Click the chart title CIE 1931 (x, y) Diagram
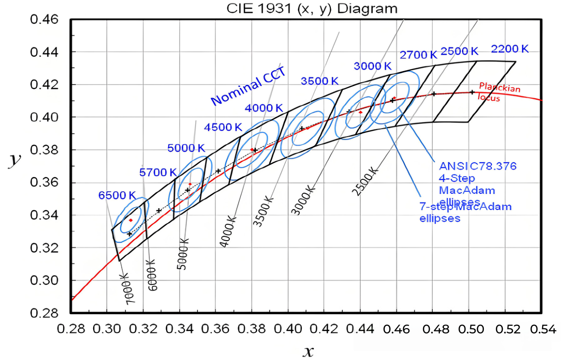tap(312, 8)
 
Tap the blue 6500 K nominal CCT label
tap(117, 196)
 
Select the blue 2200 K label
tap(510, 49)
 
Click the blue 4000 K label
tap(264, 108)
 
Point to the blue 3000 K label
tap(373, 66)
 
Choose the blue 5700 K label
tap(158, 173)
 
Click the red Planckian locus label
tap(499, 92)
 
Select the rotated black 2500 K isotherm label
tap(365, 181)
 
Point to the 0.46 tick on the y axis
tap(44, 19)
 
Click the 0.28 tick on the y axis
tap(44, 313)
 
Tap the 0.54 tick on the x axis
tap(543, 329)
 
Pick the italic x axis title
tap(308, 351)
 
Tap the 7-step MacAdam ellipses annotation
tap(465, 213)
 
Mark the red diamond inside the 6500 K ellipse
tap(131, 220)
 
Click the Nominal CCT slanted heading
tap(248, 86)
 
